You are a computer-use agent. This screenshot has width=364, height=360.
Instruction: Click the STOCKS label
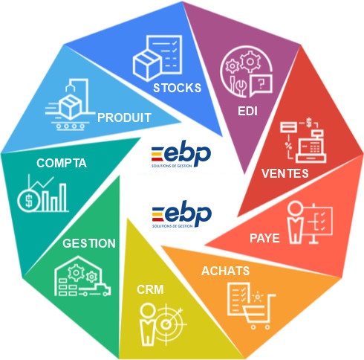pos(177,88)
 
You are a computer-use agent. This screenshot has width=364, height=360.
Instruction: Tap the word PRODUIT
pos(124,118)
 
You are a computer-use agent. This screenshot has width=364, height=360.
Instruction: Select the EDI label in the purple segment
pos(247,111)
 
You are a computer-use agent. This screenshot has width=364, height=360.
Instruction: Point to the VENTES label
pos(285,173)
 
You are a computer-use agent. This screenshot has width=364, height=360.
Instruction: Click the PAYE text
pos(264,238)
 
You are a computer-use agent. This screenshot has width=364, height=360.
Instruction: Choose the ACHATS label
pos(225,271)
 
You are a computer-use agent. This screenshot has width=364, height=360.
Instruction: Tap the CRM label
pos(150,289)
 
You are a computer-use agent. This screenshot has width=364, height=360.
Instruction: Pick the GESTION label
pos(89,243)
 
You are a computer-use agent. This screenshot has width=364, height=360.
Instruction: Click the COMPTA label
pos(62,163)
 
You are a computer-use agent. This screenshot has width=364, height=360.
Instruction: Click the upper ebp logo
pos(181,154)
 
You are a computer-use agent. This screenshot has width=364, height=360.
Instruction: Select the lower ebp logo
pos(182,214)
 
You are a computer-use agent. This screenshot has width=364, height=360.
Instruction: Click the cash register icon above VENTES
pos(311,147)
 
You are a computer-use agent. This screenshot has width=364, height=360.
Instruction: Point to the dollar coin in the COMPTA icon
pos(28,200)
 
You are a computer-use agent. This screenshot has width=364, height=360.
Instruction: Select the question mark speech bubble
pos(261,85)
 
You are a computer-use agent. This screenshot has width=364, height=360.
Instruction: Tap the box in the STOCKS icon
pos(146,65)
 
